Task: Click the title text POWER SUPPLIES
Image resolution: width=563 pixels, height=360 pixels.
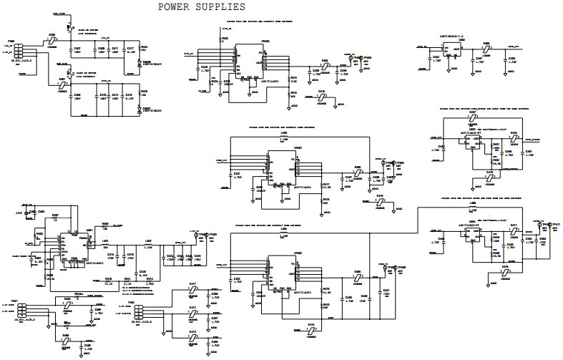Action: pyautogui.click(x=201, y=6)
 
